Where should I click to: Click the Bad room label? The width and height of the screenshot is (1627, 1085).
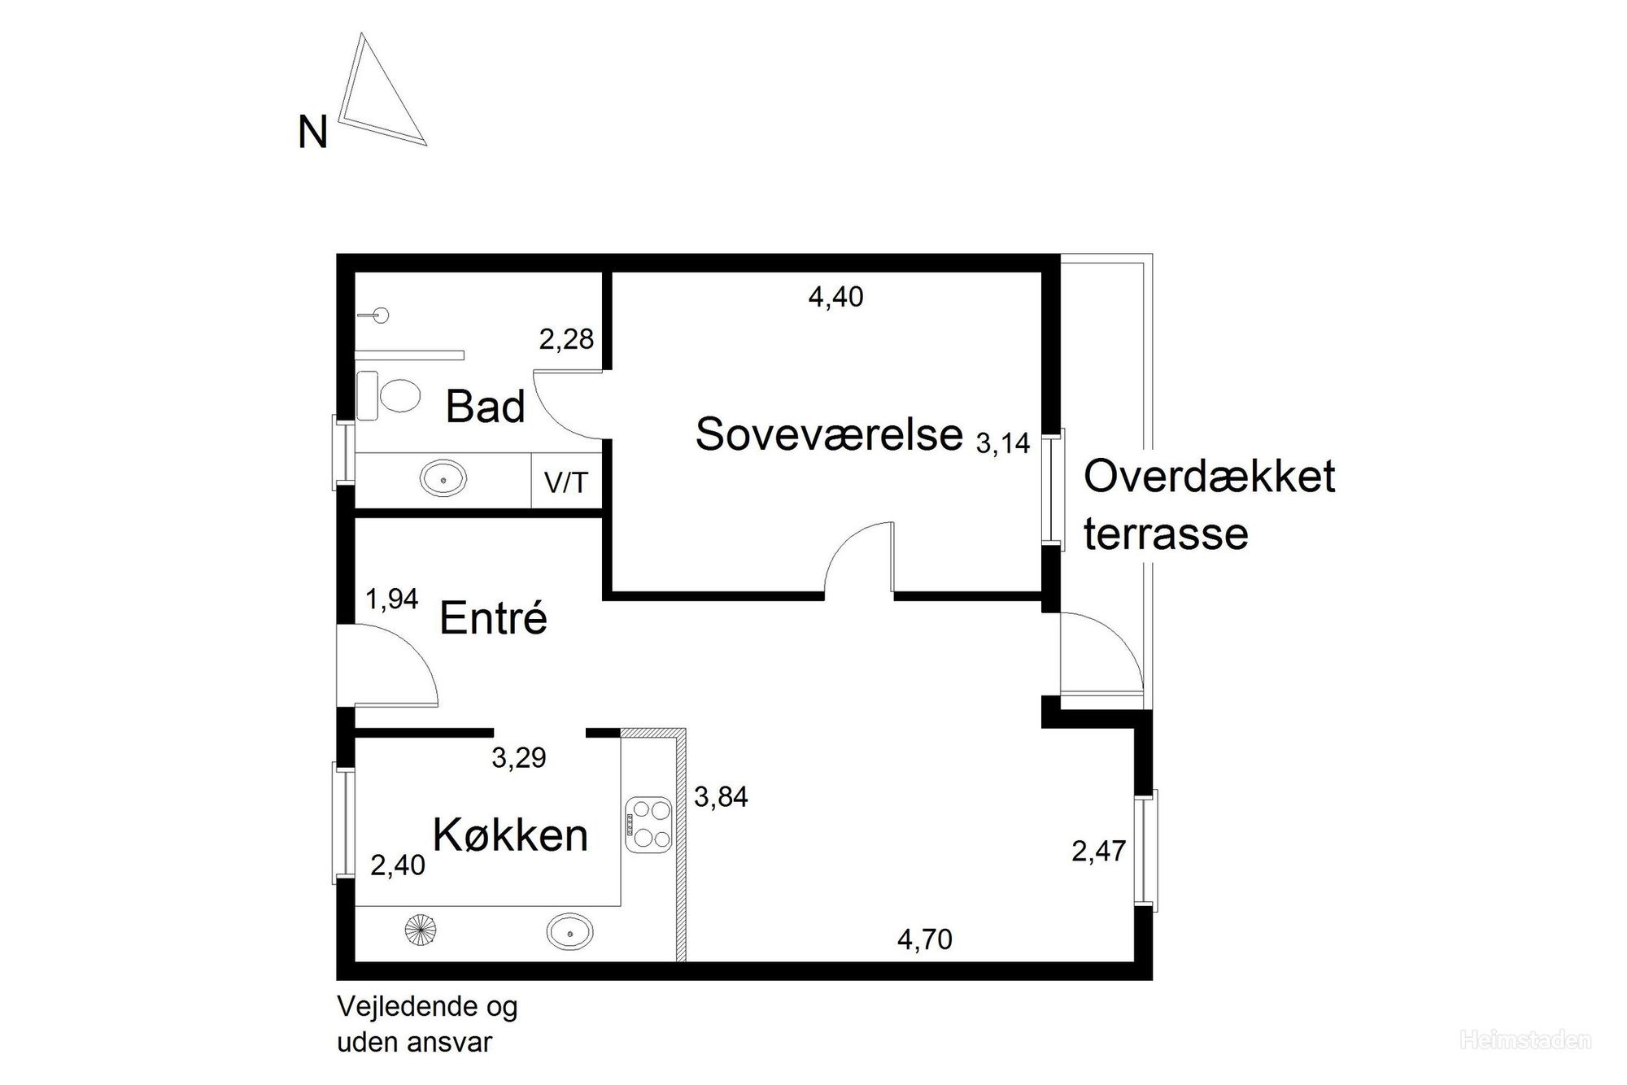pos(486,406)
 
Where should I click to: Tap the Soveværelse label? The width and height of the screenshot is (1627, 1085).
pos(829,434)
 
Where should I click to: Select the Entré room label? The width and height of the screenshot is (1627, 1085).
pos(493,617)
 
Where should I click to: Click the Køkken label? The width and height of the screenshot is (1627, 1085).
pos(510,834)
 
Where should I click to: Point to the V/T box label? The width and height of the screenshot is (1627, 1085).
pos(565,483)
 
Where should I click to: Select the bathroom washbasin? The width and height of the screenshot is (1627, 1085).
pos(443,479)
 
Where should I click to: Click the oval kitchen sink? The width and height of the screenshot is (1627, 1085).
pos(570,931)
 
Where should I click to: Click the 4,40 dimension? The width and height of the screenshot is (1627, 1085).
pos(835,297)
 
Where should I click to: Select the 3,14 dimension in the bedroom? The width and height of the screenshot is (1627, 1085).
pos(1003,443)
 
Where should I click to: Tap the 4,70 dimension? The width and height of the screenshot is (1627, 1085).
pos(925,939)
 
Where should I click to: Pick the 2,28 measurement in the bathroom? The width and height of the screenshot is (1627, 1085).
pos(566,338)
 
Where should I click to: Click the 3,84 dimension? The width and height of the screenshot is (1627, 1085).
pos(721,796)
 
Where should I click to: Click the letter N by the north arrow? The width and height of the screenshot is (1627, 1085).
pos(313,132)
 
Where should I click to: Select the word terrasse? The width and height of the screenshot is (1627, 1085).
pos(1166,534)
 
